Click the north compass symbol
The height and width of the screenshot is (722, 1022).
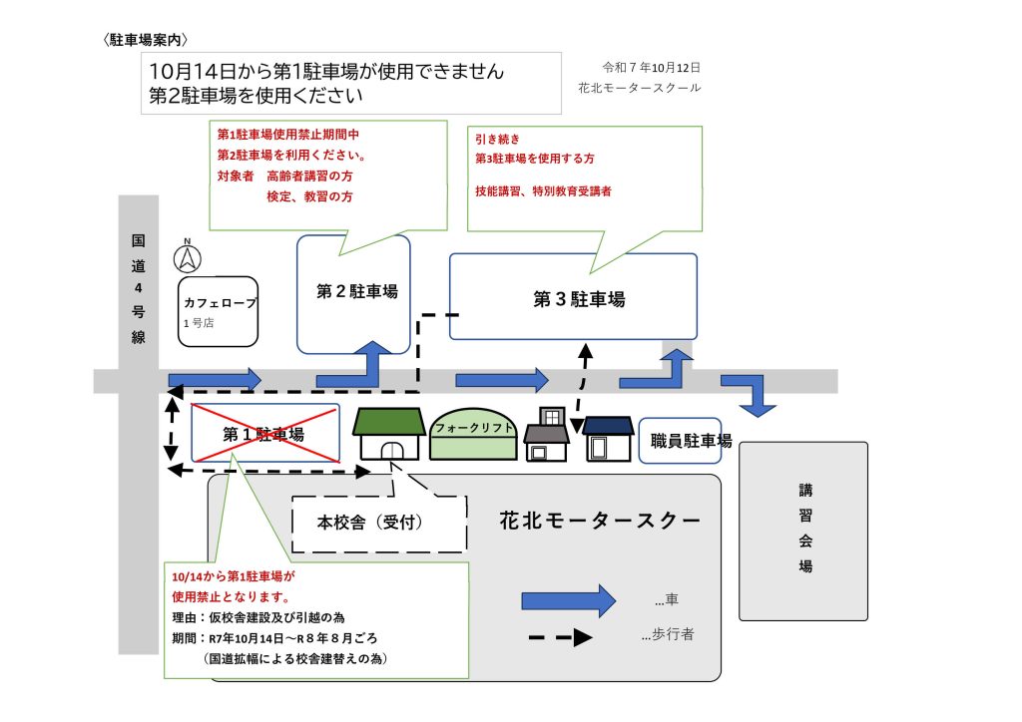click(x=188, y=257)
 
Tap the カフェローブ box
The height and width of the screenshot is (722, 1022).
click(x=220, y=311)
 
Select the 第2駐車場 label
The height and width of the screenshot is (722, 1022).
click(x=356, y=292)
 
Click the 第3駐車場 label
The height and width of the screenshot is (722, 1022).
click(x=578, y=298)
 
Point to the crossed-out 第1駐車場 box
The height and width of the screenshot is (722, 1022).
click(x=264, y=433)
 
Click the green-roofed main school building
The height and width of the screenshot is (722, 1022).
click(x=389, y=434)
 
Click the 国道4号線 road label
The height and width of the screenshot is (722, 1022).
click(x=138, y=289)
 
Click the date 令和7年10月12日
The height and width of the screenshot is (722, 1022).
click(x=652, y=68)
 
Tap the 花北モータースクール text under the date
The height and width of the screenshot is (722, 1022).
click(x=639, y=88)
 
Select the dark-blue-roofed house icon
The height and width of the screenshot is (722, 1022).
click(x=609, y=439)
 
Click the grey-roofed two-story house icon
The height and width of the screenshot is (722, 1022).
click(x=547, y=435)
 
